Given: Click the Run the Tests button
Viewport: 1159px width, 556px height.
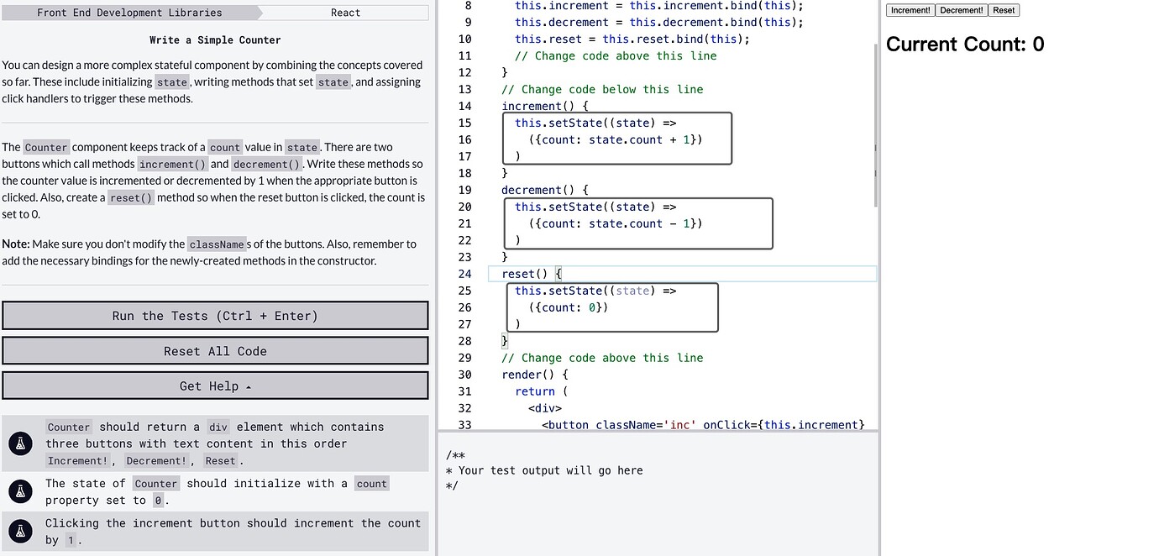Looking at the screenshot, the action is point(215,316).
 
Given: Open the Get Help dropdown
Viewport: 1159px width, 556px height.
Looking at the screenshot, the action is point(215,386).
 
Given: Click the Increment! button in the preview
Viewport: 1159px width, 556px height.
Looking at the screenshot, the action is point(910,10).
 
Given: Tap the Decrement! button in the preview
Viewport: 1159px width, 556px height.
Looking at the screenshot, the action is point(962,10).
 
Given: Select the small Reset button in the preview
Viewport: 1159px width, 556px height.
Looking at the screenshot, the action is point(1004,10).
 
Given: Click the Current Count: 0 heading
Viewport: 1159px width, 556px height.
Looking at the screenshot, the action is point(965,45).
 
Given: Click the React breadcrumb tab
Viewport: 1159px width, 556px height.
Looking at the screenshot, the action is point(346,13).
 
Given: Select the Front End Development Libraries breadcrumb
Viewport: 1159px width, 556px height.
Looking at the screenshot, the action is point(129,13).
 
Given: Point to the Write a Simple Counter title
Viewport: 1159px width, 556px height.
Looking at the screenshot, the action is point(215,39).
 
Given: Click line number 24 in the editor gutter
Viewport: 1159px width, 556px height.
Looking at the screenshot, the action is point(464,274).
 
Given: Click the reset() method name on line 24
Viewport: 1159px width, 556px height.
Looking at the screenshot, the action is point(524,274).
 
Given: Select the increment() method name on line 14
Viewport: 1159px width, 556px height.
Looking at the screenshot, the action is point(538,106).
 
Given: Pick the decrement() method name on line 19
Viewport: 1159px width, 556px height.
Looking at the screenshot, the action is point(538,190).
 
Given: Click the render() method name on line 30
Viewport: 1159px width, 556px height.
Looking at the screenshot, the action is point(527,375).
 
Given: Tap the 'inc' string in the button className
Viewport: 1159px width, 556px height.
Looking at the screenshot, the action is point(680,425).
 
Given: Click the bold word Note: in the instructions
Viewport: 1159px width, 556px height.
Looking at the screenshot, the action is point(16,244).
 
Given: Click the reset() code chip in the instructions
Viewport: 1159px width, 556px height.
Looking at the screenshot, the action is point(131,197).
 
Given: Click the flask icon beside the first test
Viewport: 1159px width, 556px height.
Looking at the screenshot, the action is point(21,443).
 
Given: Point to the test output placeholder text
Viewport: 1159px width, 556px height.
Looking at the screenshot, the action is point(544,470).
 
